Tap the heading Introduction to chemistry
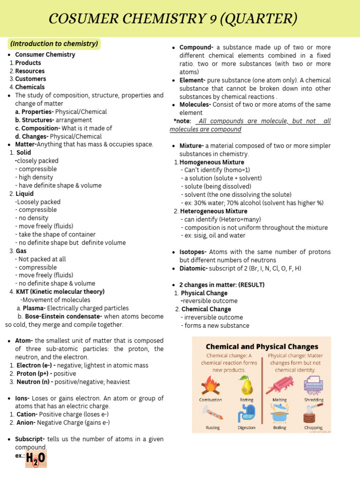[54, 44]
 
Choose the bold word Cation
[27, 414]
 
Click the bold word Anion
[26, 422]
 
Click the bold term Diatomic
[194, 269]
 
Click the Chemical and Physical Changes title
[262, 347]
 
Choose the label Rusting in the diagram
[212, 427]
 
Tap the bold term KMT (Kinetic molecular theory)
[60, 292]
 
